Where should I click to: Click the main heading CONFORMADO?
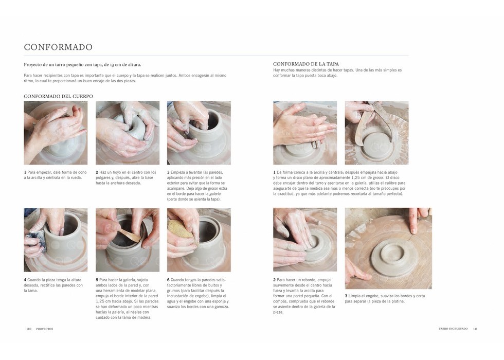click(58, 47)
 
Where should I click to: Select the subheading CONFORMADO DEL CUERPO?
click(58, 96)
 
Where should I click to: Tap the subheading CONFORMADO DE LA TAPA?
click(306, 64)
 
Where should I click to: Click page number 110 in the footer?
click(29, 329)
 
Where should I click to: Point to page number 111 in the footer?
click(475, 329)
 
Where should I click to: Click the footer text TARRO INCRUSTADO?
click(453, 329)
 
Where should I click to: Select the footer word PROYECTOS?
click(45, 329)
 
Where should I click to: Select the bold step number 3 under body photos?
click(168, 172)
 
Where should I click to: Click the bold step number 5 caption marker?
click(97, 280)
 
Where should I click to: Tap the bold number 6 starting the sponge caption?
click(168, 280)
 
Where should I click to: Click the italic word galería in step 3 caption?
click(215, 194)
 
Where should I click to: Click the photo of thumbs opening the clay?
click(128, 133)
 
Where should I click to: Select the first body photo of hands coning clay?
click(56, 133)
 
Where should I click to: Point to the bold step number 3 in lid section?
click(346, 296)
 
